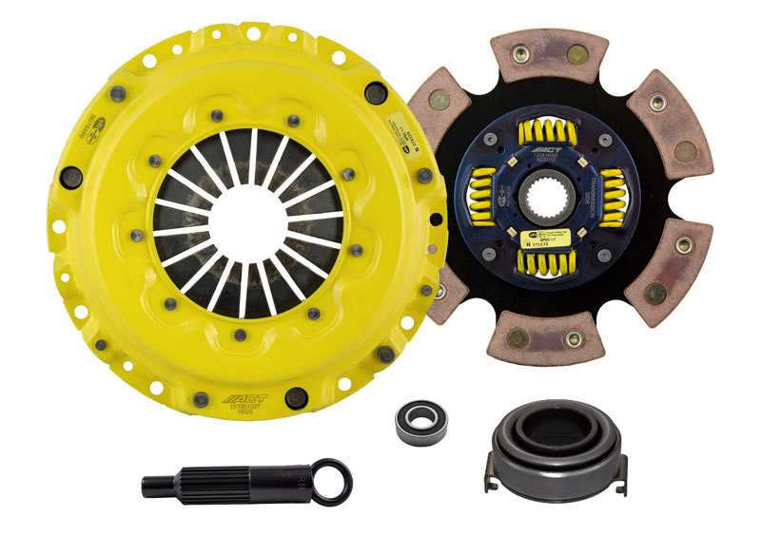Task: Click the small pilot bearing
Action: (420, 421)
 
